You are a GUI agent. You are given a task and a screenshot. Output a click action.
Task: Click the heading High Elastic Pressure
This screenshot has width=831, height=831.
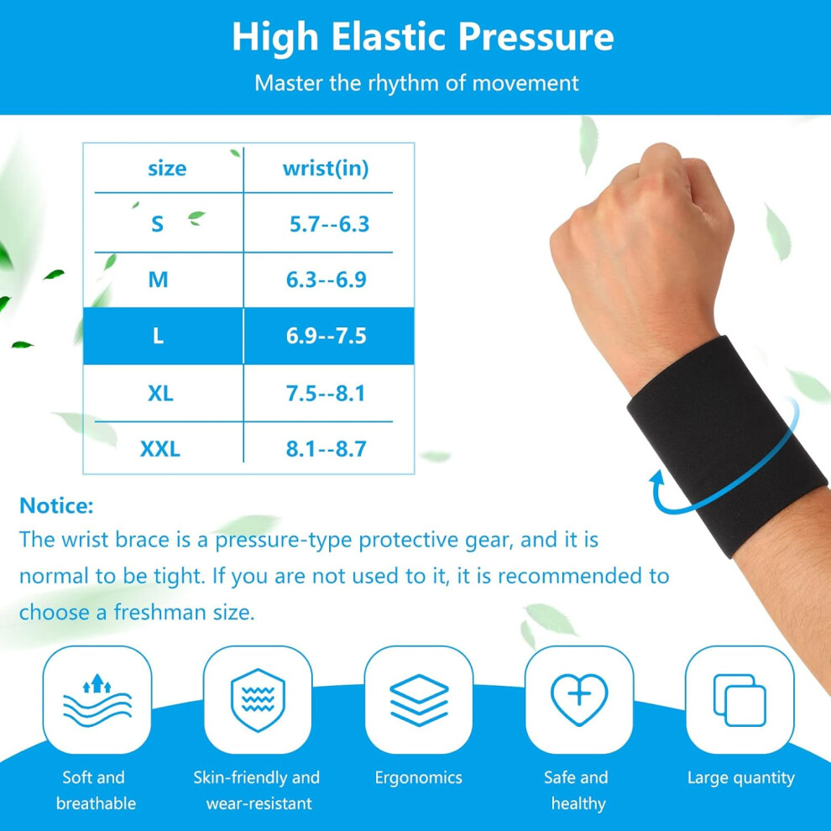point(422,37)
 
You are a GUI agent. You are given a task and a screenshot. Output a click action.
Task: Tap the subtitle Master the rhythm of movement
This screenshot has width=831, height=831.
point(416,83)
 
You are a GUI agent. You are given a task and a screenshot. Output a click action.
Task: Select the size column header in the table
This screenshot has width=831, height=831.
point(167,169)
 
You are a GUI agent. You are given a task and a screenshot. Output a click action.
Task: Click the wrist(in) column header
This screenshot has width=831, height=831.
point(326,169)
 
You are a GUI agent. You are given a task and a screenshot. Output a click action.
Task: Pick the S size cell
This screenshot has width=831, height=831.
point(158,224)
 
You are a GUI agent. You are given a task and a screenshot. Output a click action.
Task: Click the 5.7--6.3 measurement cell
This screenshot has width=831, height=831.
point(329,224)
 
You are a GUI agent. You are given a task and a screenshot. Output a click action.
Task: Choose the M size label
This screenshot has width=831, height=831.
point(158,280)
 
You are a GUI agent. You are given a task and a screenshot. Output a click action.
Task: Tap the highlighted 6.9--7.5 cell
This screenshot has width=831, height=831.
point(327,336)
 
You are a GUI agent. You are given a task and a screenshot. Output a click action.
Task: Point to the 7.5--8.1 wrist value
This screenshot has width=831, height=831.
point(326,393)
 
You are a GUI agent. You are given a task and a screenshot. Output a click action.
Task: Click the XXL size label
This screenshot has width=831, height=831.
point(160,449)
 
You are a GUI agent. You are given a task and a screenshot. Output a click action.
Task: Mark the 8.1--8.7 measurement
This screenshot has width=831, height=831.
point(327,449)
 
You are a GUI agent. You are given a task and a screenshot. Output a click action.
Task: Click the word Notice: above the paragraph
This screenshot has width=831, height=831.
point(56,505)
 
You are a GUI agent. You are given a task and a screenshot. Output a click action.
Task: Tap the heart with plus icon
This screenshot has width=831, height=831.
point(579,699)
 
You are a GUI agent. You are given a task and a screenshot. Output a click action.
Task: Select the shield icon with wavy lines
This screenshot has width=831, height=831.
point(258,700)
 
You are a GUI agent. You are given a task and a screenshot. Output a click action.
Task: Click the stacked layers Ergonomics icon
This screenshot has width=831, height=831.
point(419,699)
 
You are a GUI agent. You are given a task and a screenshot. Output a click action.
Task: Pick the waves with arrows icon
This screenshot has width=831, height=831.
point(97,700)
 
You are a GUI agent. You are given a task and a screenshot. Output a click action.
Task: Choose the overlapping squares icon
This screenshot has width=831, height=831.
point(740,699)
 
